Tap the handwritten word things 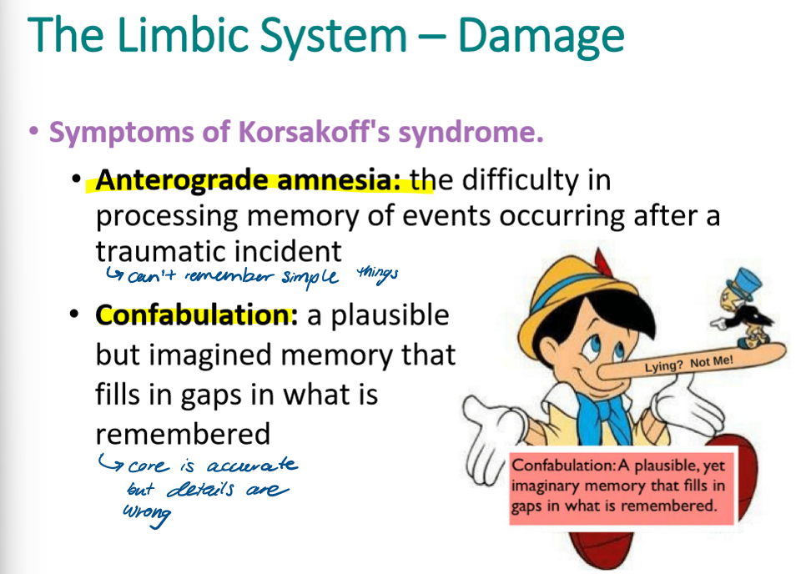pyautogui.click(x=378, y=272)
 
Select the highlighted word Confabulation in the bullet pyautogui.click(x=196, y=315)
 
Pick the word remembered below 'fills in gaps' pyautogui.click(x=183, y=434)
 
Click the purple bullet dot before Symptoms pyautogui.click(x=33, y=132)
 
